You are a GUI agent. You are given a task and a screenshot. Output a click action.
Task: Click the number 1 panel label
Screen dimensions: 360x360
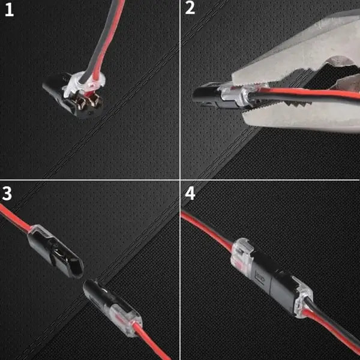coord(9,10)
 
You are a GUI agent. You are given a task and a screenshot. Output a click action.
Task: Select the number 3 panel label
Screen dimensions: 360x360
coord(7,193)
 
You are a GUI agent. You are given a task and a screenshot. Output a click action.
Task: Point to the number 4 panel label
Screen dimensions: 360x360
coord(190,193)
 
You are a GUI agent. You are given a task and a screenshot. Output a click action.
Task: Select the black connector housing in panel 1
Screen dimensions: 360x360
coord(69,99)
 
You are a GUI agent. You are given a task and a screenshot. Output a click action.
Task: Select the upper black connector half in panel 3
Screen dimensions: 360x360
coord(55,251)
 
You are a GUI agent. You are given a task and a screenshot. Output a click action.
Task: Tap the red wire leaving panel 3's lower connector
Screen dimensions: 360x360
coord(152,342)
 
